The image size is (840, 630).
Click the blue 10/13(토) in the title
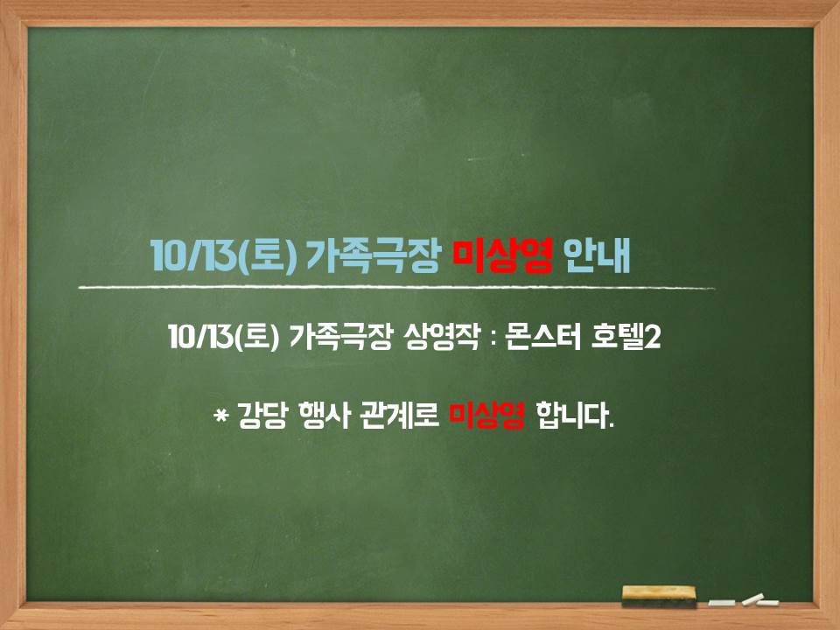click(x=223, y=256)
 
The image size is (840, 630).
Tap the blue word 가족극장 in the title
click(x=374, y=256)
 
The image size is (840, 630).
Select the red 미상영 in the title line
click(x=502, y=256)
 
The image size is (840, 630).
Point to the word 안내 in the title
click(x=598, y=256)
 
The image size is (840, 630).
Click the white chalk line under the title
click(x=396, y=288)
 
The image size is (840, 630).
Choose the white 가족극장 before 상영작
click(x=340, y=338)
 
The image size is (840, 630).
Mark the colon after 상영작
click(x=493, y=338)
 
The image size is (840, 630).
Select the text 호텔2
click(x=626, y=338)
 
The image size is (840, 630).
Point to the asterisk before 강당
click(x=220, y=415)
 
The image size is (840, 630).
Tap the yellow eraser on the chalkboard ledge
click(x=659, y=596)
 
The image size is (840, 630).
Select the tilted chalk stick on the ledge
click(x=752, y=598)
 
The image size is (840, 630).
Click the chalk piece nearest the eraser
click(x=722, y=603)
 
